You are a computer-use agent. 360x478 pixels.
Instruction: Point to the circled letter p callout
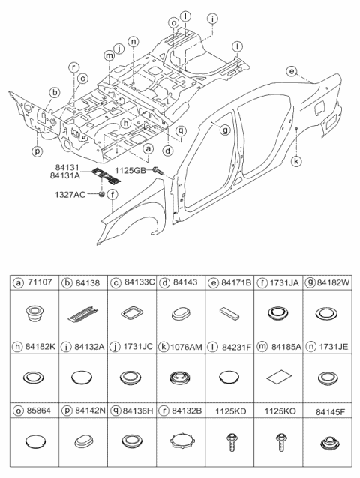(37, 151)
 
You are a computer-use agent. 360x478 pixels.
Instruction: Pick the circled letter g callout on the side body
(224, 130)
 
